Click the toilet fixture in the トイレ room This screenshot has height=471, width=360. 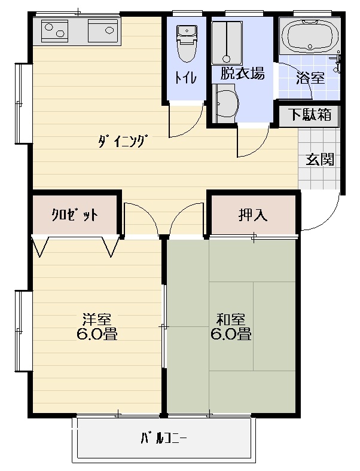[187, 44]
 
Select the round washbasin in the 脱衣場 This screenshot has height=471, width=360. [225, 103]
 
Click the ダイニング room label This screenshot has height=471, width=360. [123, 142]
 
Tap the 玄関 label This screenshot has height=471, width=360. [320, 160]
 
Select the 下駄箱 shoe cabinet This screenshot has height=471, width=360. [310, 115]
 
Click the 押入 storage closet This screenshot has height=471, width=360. [253, 215]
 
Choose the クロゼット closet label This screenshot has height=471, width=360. [75, 215]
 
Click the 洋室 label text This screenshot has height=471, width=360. [97, 320]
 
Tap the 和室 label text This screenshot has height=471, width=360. [231, 320]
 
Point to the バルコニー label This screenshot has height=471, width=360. [164, 439]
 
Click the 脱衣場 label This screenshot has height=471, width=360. [243, 74]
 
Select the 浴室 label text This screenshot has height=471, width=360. [310, 78]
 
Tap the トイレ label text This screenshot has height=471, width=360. [186, 78]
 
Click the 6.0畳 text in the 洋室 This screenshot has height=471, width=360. [97, 334]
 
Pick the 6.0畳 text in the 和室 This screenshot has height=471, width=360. [231, 334]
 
